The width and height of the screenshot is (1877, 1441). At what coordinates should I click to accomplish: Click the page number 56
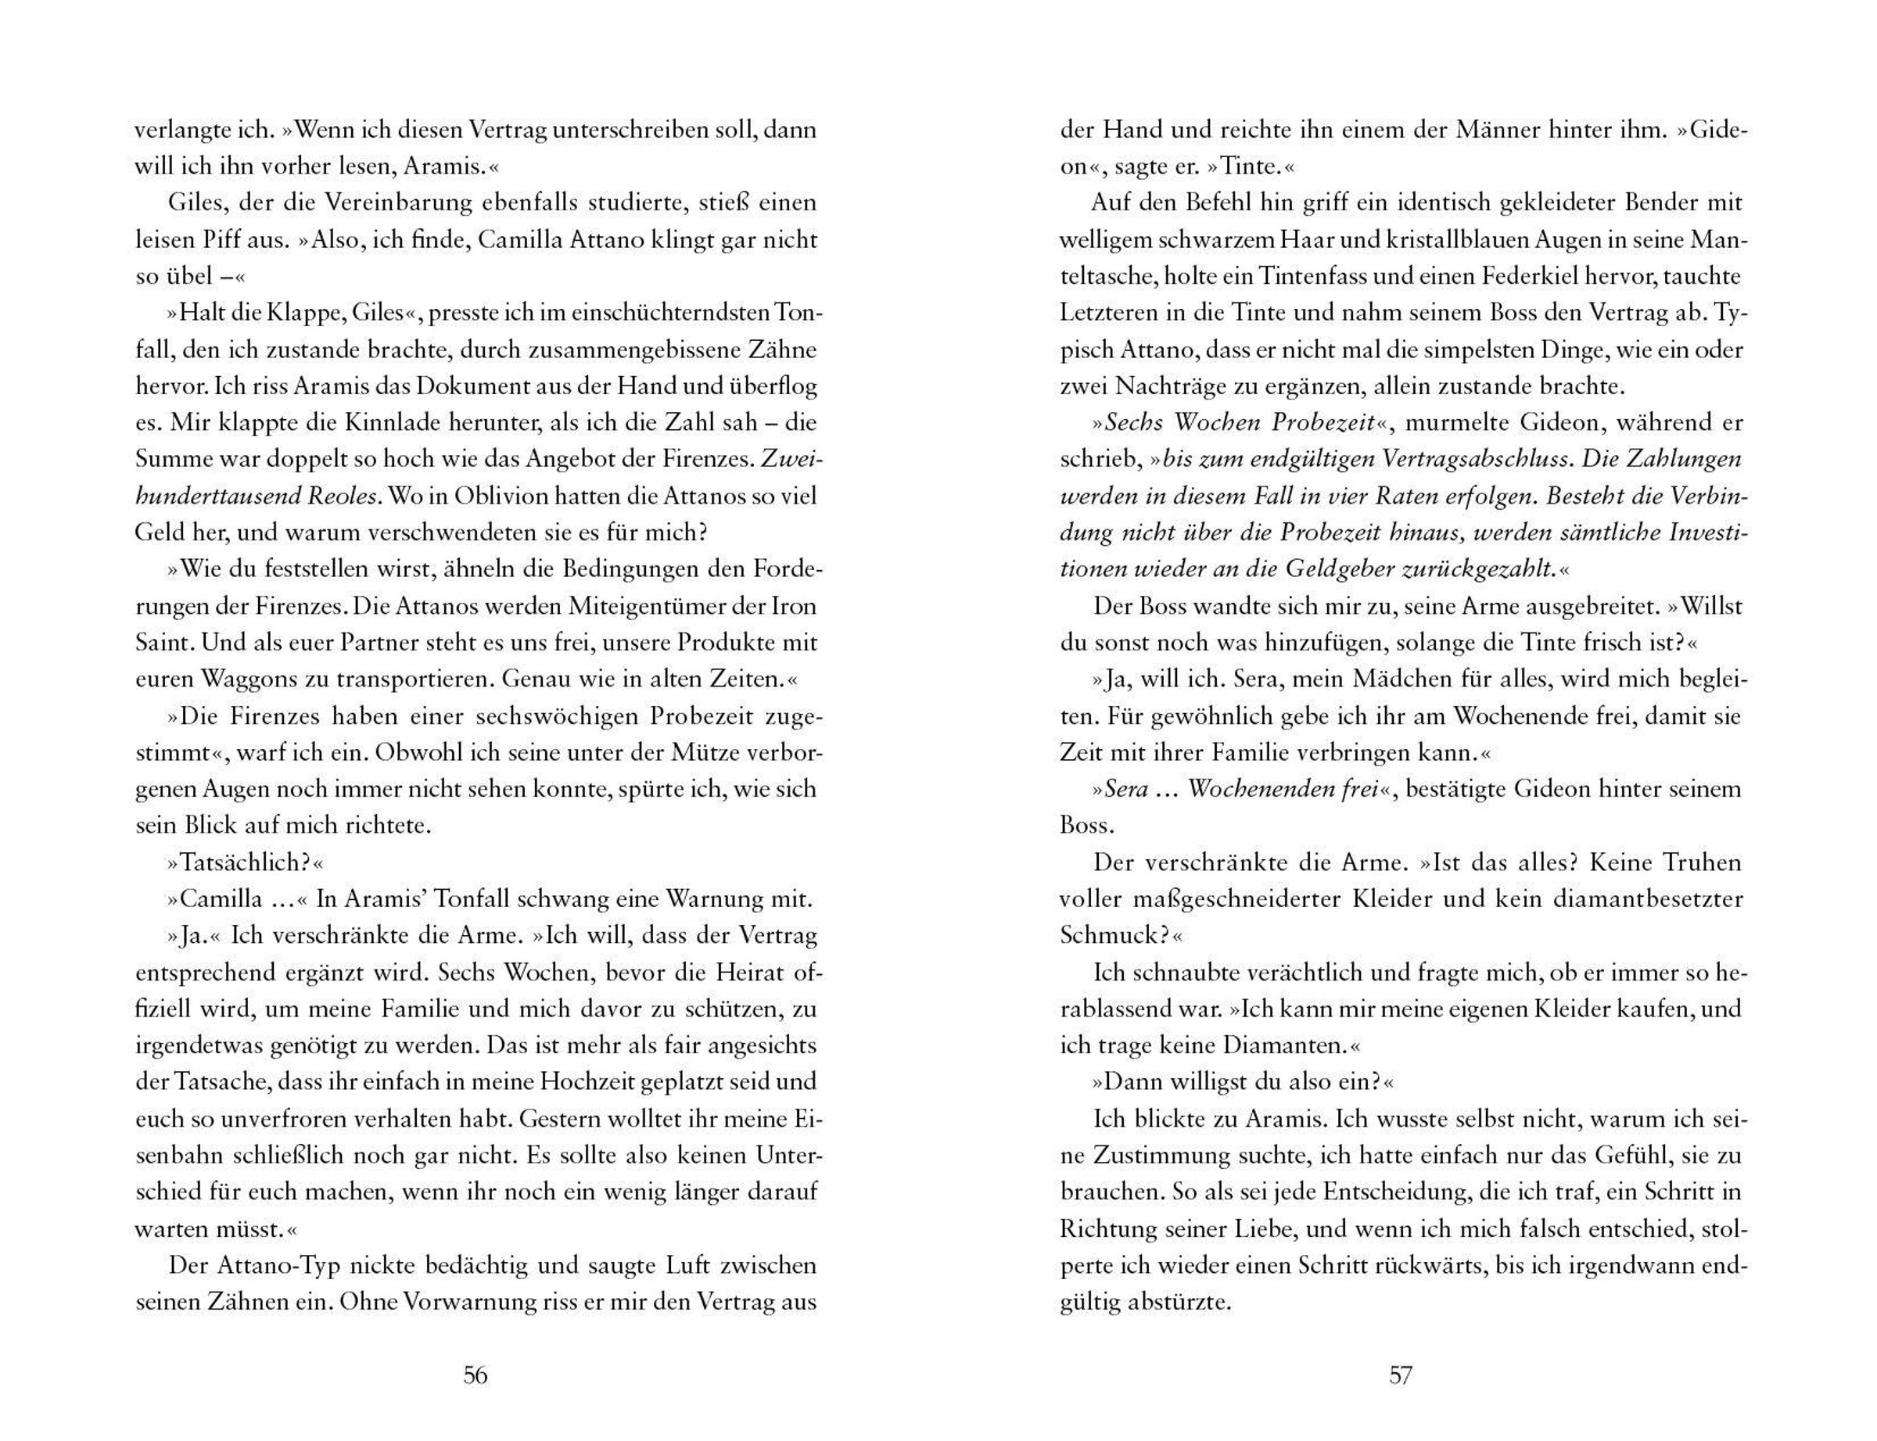[x=476, y=1376]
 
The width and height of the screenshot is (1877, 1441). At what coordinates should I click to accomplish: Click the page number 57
[x=1400, y=1376]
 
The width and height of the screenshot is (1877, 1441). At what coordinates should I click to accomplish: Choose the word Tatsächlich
[x=244, y=862]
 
